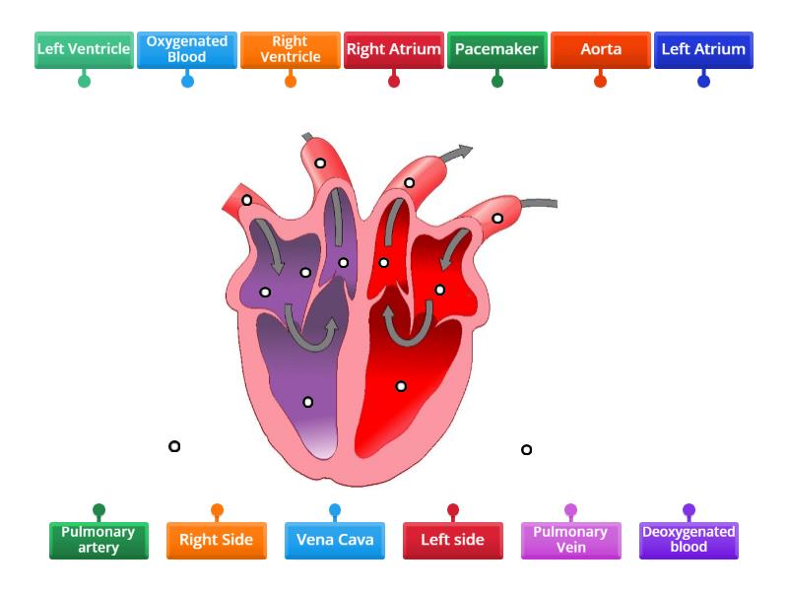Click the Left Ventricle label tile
point(84,49)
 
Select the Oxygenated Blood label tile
point(187,49)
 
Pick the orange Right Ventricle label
point(291,49)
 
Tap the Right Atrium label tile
point(394,49)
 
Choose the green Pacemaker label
point(497,49)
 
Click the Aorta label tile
point(601,49)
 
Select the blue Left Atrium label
point(703,49)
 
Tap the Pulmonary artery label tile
point(98,540)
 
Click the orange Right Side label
point(217,540)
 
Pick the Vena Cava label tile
point(335,540)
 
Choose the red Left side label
point(453,540)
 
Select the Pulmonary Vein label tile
point(571,540)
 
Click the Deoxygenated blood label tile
point(689,540)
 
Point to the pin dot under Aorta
point(601,81)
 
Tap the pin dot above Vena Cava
point(335,510)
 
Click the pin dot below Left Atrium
point(703,81)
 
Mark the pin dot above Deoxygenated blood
point(689,510)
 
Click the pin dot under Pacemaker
point(497,81)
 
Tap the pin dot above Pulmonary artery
point(98,510)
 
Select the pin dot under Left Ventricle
point(84,81)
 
